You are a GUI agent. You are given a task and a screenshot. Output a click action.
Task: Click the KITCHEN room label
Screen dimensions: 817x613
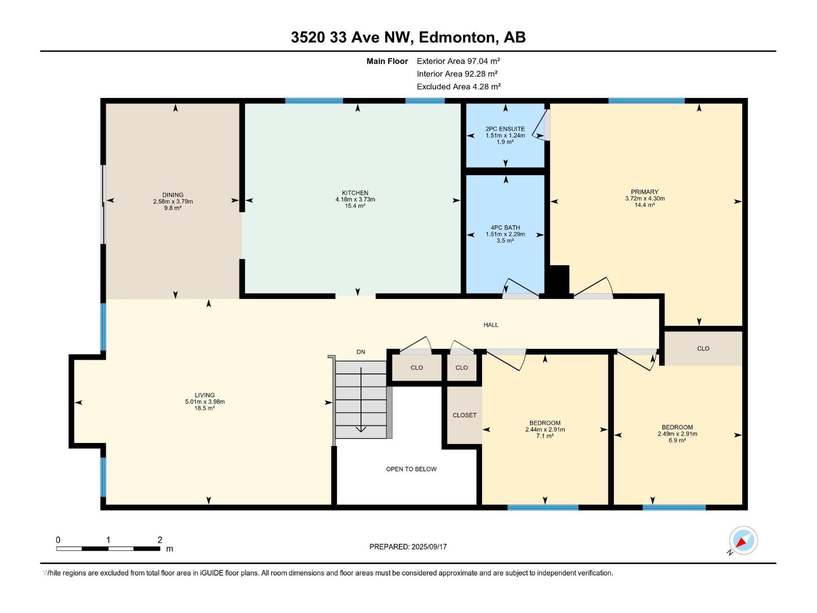tap(355, 193)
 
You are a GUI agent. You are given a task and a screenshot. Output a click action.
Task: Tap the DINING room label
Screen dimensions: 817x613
tap(173, 195)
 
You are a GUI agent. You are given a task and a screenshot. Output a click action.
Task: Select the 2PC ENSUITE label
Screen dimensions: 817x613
tap(505, 129)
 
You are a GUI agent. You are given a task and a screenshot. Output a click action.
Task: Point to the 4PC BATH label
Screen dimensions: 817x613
tap(505, 227)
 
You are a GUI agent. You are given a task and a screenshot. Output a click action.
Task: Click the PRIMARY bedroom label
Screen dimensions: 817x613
tap(645, 192)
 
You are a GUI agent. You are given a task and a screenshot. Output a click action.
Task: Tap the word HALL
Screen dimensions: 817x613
tap(491, 325)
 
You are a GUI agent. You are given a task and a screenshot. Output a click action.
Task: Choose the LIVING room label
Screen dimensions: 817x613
tap(205, 395)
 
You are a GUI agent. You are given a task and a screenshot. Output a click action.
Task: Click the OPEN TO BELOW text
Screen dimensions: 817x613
tap(411, 469)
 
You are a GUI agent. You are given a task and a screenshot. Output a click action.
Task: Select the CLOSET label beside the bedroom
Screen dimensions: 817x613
tap(464, 415)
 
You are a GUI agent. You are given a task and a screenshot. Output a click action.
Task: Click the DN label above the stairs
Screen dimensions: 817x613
tap(361, 352)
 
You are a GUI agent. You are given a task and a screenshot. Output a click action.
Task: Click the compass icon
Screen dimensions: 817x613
tap(743, 540)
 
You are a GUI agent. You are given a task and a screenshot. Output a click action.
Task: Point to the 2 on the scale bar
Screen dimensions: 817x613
tap(160, 539)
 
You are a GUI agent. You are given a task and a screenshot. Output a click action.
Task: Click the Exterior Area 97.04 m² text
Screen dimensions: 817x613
tap(458, 61)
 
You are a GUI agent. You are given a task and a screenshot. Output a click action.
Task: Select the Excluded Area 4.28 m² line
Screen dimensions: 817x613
tap(459, 87)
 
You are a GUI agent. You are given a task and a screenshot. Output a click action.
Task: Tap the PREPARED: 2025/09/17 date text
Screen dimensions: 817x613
tap(408, 547)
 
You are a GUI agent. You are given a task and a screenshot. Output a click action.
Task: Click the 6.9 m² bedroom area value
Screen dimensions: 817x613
tap(678, 440)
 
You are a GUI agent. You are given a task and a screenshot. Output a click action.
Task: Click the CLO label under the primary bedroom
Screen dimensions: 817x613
tap(703, 348)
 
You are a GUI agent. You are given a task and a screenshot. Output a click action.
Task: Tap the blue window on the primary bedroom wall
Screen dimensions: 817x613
tap(646, 101)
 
